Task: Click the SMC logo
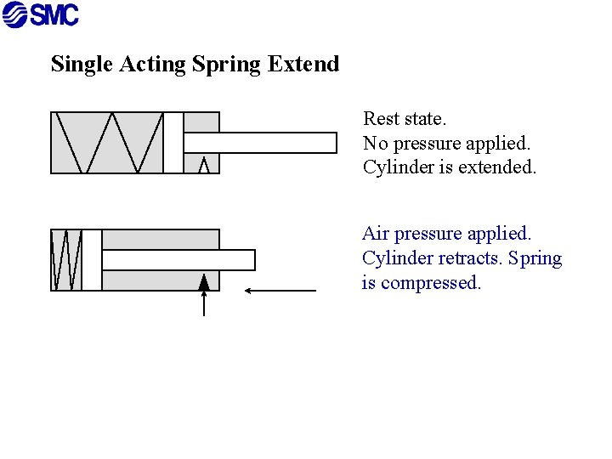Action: click(x=41, y=15)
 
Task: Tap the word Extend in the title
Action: click(x=303, y=64)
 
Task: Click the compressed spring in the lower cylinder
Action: click(x=66, y=260)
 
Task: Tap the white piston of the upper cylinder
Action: click(x=173, y=143)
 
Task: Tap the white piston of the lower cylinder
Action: click(x=92, y=260)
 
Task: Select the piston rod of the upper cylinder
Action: click(x=260, y=143)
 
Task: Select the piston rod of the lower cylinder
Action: click(x=178, y=260)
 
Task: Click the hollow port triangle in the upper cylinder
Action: click(x=203, y=165)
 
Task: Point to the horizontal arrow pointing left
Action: click(x=280, y=291)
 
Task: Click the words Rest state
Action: click(x=405, y=118)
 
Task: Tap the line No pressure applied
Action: click(x=446, y=143)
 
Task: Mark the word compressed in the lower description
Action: click(x=431, y=283)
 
